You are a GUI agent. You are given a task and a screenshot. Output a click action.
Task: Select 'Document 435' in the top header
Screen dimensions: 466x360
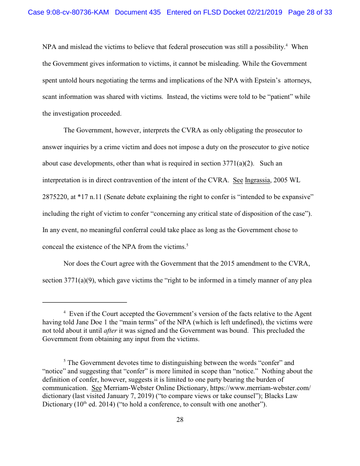tap(138, 12)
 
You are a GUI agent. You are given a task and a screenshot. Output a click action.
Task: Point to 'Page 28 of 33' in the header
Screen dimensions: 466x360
tap(310, 12)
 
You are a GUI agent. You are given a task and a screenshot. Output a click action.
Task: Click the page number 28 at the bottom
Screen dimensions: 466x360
tap(180, 420)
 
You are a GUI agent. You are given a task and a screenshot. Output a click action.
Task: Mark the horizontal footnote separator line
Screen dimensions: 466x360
tap(84, 302)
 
